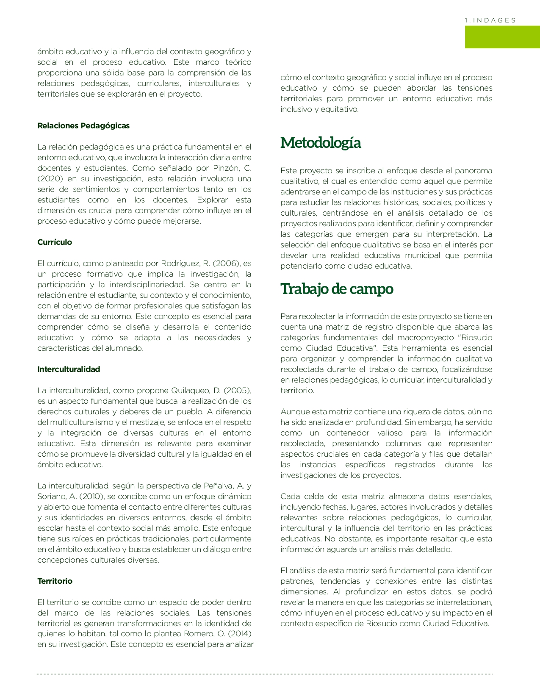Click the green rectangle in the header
pyautogui.click(x=502, y=37)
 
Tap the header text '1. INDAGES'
pyautogui.click(x=490, y=20)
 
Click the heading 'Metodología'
pyautogui.click(x=321, y=142)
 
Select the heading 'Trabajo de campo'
pyautogui.click(x=337, y=288)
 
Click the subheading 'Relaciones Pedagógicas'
pyautogui.click(x=83, y=126)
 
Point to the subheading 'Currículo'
pyautogui.click(x=55, y=242)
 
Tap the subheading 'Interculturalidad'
pyautogui.click(x=69, y=369)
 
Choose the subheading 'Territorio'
pyautogui.click(x=55, y=581)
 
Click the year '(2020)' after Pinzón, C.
pyautogui.click(x=50, y=179)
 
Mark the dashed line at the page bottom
pyautogui.click(x=265, y=674)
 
